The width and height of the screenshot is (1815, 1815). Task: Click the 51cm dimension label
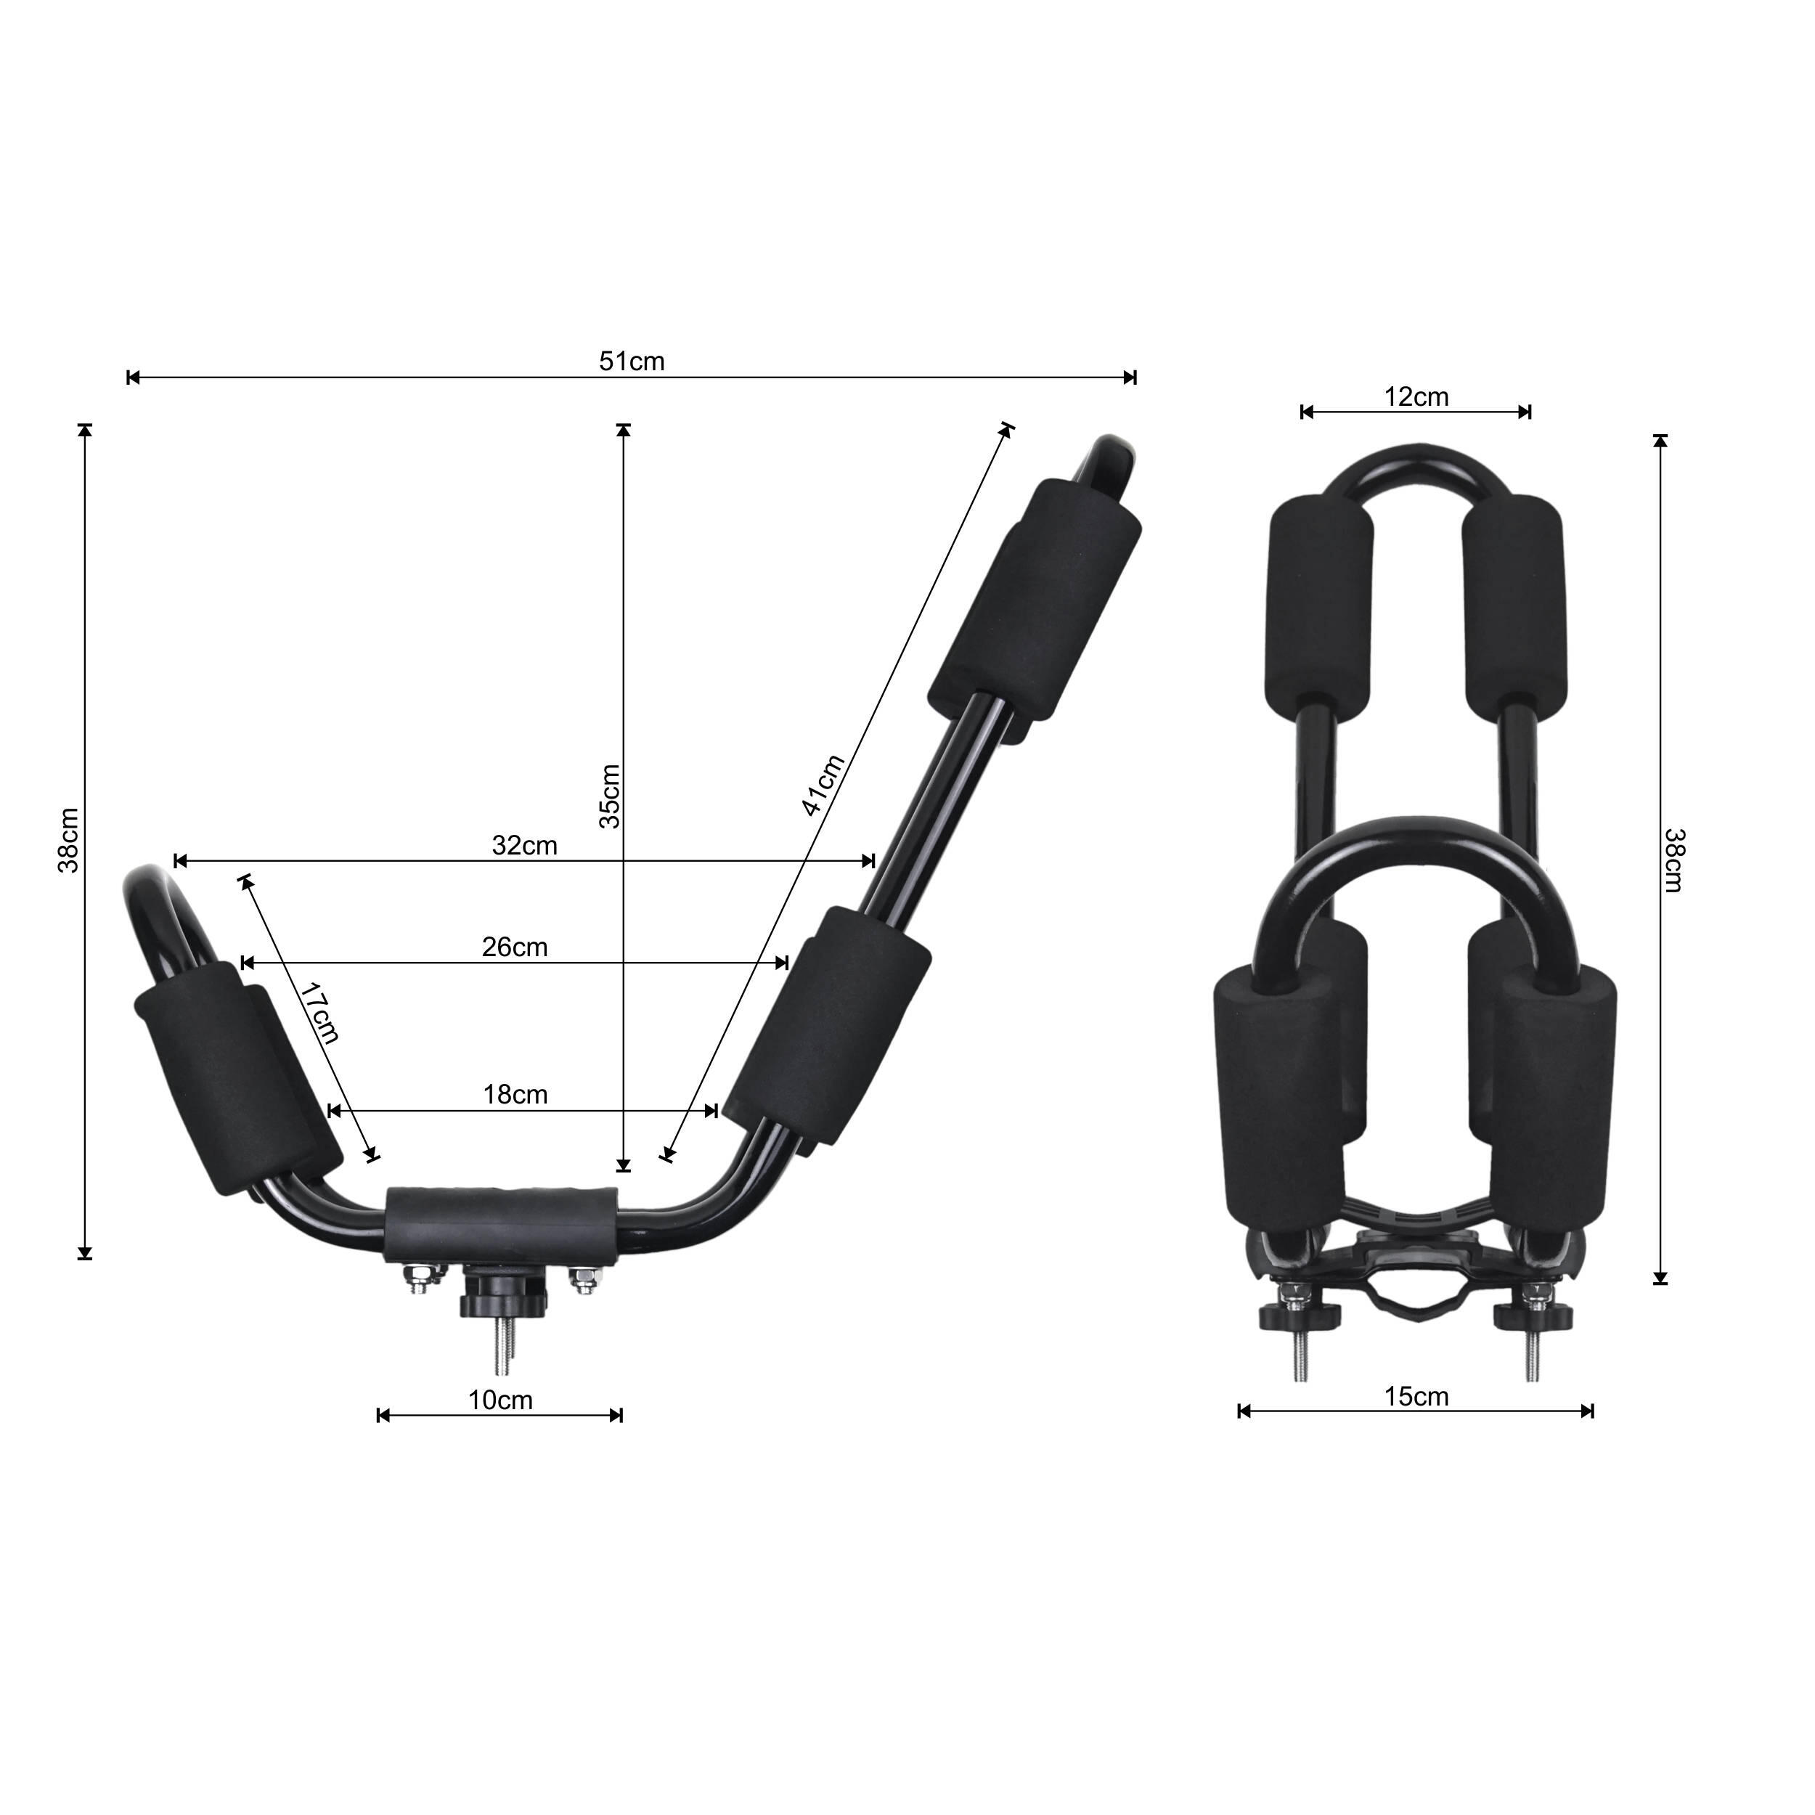click(632, 362)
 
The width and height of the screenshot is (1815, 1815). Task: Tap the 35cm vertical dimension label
click(610, 796)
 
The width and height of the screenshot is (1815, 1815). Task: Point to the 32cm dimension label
click(524, 846)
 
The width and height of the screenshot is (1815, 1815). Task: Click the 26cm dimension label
click(515, 947)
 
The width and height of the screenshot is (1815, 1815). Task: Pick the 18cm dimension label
click(515, 1095)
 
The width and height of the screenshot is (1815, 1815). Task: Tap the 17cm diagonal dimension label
click(320, 1013)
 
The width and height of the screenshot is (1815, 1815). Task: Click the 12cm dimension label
click(1416, 397)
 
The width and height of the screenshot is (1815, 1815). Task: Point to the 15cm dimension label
click(1416, 1397)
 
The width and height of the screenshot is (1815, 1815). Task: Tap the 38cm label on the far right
click(1675, 860)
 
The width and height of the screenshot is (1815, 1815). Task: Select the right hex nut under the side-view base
click(584, 1278)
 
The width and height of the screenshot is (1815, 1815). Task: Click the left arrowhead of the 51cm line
click(132, 378)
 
